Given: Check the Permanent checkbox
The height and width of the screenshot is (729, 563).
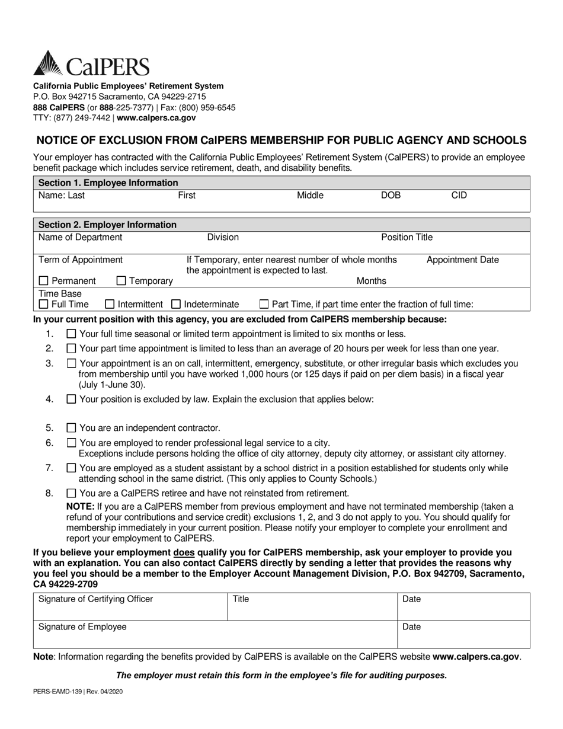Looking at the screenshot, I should click(44, 281).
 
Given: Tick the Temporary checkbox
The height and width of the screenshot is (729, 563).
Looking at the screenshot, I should click(121, 281).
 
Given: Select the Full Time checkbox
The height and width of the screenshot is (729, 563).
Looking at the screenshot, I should click(44, 305).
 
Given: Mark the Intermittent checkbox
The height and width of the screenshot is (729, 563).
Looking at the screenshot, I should click(110, 305).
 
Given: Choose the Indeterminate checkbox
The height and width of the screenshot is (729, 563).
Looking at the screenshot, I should click(176, 305).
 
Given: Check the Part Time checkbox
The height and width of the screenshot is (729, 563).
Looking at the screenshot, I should click(264, 305).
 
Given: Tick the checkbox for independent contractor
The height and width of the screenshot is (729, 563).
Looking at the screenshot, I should click(72, 428).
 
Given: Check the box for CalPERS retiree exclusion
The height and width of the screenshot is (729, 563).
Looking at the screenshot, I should click(72, 493).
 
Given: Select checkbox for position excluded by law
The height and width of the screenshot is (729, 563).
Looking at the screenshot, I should click(72, 399).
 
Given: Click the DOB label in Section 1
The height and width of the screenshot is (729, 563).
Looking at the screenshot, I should click(391, 195).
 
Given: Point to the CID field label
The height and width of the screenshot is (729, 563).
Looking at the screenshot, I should click(459, 195).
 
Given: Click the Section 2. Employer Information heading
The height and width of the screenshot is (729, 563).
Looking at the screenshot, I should click(107, 225).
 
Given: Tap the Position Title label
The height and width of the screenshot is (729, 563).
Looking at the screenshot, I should click(407, 238).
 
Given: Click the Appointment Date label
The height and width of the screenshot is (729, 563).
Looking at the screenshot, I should click(462, 260).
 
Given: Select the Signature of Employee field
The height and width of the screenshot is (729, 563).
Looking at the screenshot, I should click(215, 634).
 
